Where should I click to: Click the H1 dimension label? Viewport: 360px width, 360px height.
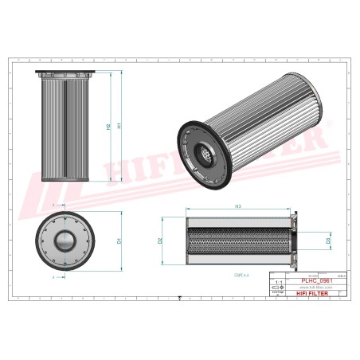tap(119, 126)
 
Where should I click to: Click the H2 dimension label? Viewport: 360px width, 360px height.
tap(108, 126)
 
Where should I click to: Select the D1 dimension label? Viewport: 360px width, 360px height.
tap(118, 240)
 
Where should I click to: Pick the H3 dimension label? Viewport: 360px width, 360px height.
tap(238, 207)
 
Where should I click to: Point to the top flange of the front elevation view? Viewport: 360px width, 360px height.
tap(66, 75)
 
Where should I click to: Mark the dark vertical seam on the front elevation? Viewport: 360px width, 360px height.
tap(66, 127)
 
